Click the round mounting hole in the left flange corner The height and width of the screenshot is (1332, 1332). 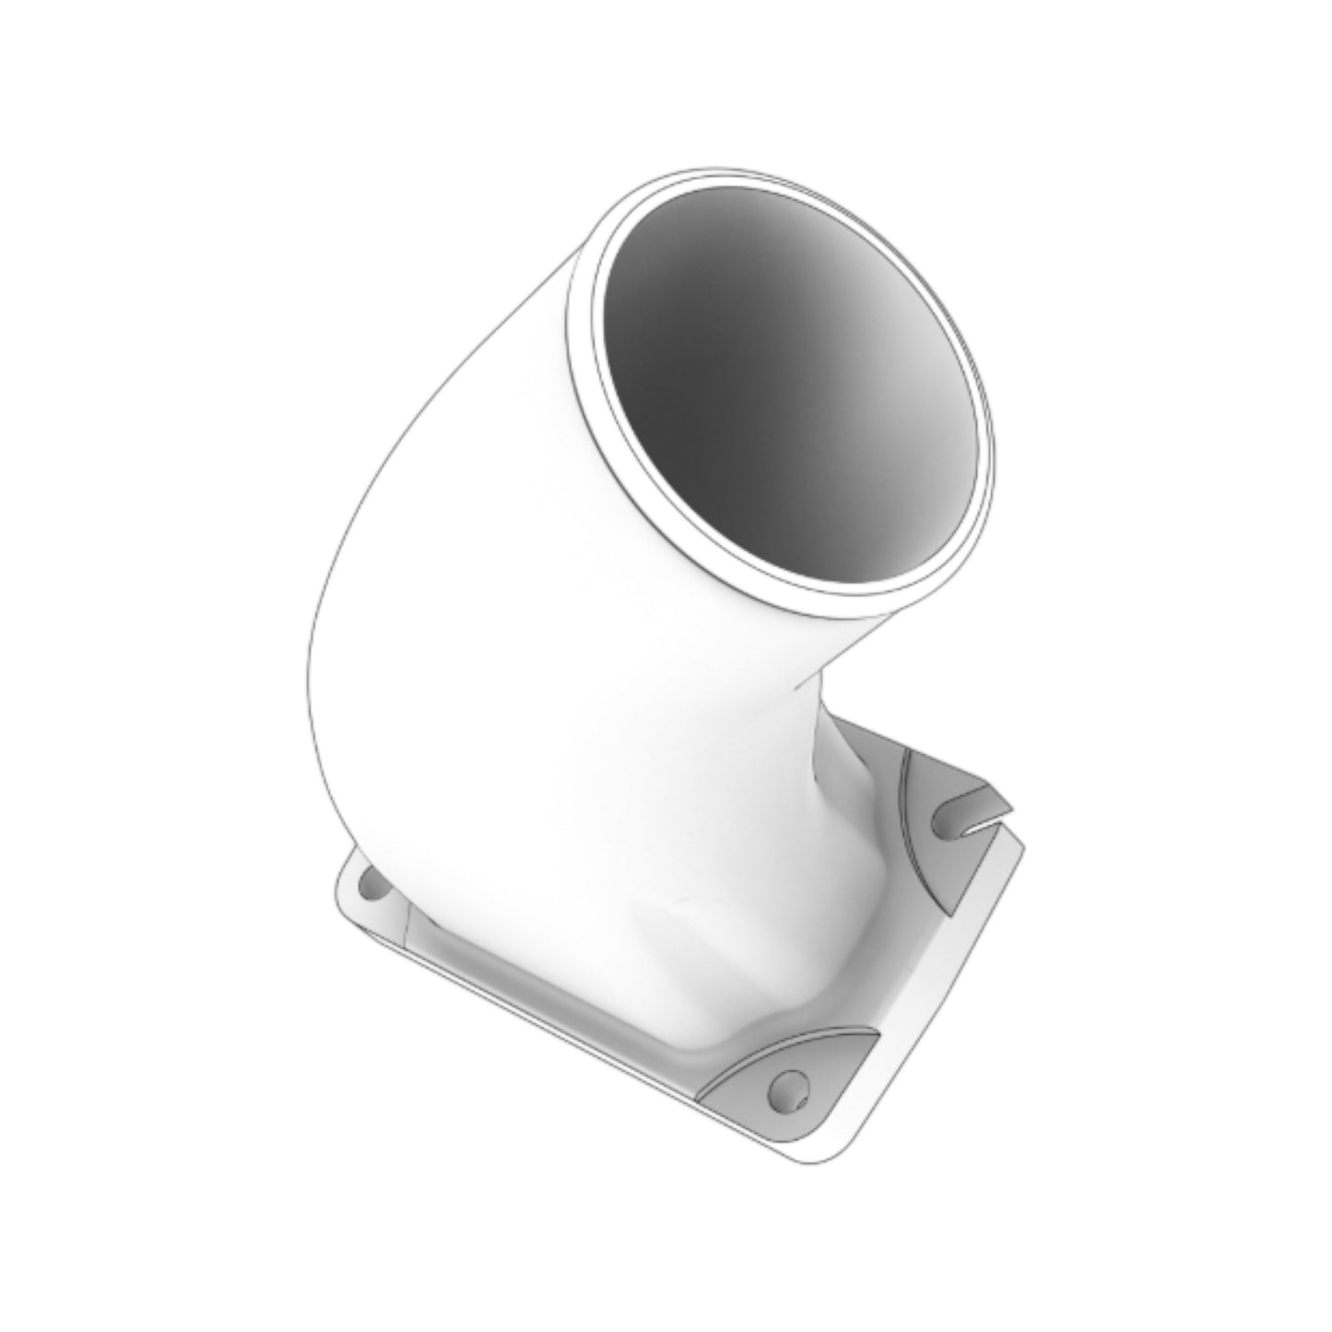pos(374,890)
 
